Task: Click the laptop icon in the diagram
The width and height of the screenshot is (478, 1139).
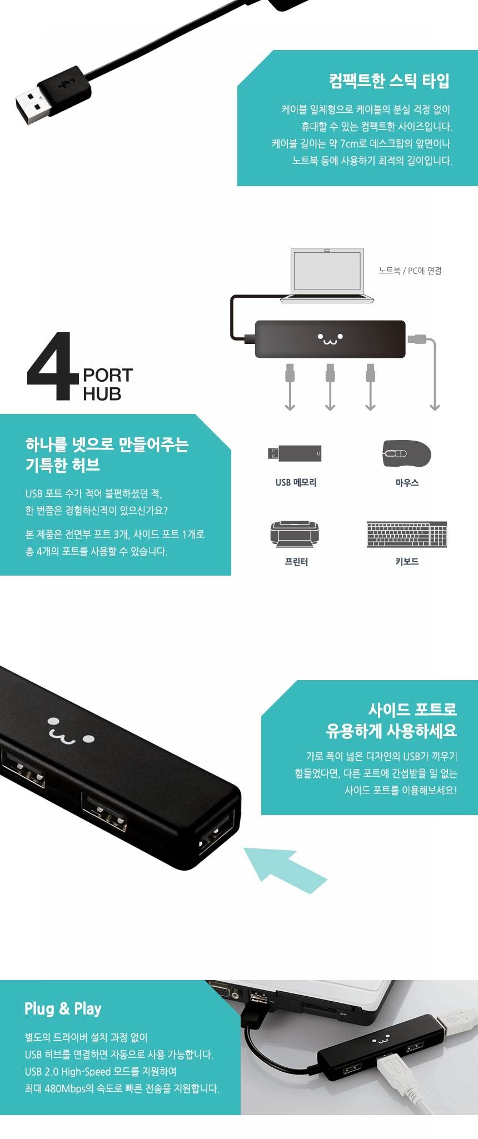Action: [x=327, y=275]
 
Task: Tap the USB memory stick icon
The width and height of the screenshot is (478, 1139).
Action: [x=295, y=453]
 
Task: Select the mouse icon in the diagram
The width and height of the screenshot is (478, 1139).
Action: [x=407, y=453]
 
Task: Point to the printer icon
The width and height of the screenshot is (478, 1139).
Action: [x=295, y=534]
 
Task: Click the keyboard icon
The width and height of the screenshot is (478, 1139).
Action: [x=407, y=534]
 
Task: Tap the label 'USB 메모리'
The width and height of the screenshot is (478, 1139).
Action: [x=296, y=482]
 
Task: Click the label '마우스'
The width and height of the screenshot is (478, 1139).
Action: [x=407, y=483]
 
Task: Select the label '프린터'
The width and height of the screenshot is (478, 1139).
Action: [x=296, y=562]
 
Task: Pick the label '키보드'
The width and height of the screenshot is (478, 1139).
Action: [x=407, y=562]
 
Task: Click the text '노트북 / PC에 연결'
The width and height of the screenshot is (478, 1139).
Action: [x=410, y=271]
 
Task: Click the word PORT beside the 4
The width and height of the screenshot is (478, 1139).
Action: [x=108, y=375]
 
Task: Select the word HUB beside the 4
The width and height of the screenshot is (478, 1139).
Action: [x=102, y=394]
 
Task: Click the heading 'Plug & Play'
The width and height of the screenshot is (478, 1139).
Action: [x=63, y=1008]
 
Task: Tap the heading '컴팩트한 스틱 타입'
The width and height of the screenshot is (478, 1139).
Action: [x=390, y=81]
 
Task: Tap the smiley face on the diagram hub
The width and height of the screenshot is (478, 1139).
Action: [x=330, y=338]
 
